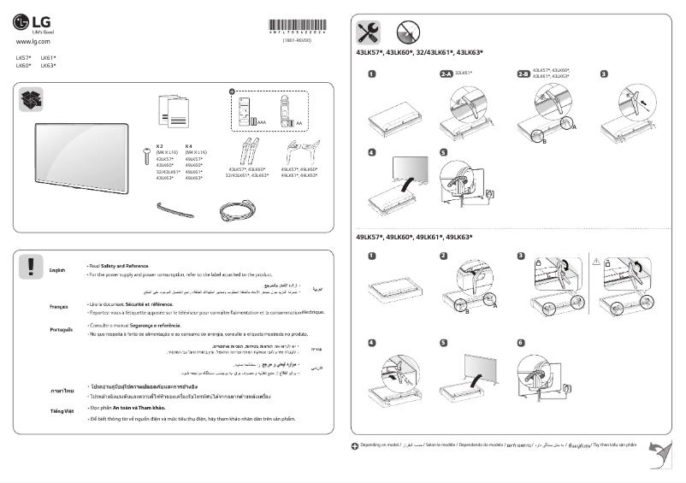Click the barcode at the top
point(296,26)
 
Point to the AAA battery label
point(262,123)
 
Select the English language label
point(58,270)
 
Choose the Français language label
point(59,306)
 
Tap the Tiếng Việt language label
point(60,411)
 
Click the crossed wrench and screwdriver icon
point(369,32)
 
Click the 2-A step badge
point(446,75)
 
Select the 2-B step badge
point(523,75)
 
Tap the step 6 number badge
point(521,343)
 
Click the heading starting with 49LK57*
point(414,237)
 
